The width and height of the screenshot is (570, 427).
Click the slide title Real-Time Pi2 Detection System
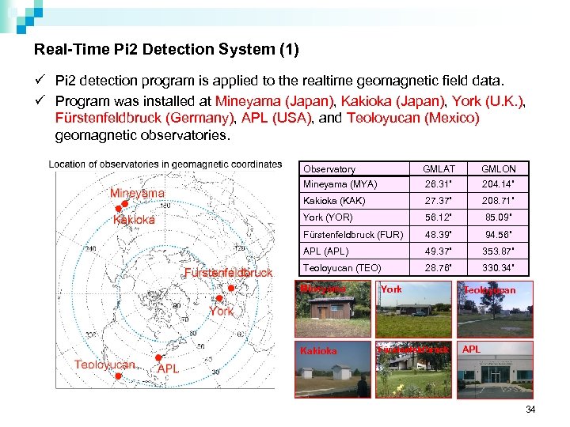pos(166,50)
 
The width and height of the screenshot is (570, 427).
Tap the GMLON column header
pos(499,169)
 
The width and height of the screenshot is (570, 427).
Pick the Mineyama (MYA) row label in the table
pos(340,184)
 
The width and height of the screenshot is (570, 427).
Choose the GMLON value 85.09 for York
pos(499,217)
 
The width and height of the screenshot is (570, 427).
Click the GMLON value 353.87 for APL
pos(499,251)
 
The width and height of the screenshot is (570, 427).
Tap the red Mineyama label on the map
pos(137,193)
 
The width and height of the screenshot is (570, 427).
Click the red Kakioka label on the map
pos(134,220)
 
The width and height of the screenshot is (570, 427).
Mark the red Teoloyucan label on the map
pos(104,364)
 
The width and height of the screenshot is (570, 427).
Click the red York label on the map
pos(221,311)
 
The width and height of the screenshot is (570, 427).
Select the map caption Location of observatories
pos(165,164)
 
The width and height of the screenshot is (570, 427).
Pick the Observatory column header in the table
pos(329,169)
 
